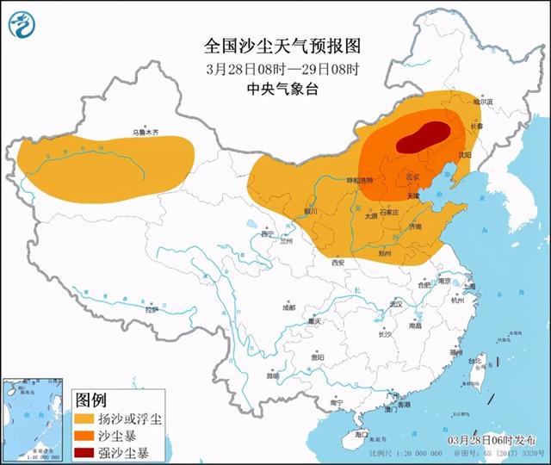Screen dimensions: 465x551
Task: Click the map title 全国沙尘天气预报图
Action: tap(269, 45)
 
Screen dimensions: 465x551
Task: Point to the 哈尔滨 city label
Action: tap(485, 102)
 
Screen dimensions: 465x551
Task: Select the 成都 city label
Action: tap(288, 307)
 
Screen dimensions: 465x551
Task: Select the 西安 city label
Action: tap(336, 262)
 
